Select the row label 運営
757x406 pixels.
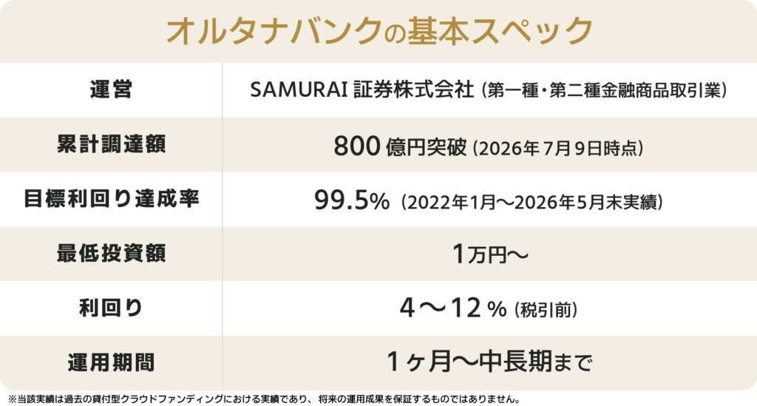click(x=111, y=89)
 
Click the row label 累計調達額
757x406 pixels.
click(x=111, y=144)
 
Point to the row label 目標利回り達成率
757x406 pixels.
click(x=111, y=199)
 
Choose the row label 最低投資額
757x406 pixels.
click(x=111, y=254)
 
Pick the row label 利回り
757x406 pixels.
click(x=111, y=308)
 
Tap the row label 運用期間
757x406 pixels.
click(x=111, y=362)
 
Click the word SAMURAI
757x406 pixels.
click(x=299, y=90)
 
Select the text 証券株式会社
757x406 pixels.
click(x=414, y=90)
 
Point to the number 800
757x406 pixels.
click(x=357, y=146)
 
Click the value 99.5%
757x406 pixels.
click(x=351, y=200)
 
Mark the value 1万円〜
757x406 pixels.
click(x=490, y=254)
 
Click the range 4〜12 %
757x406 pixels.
click(x=453, y=308)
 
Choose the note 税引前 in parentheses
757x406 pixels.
click(x=546, y=310)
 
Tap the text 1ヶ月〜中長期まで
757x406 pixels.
click(x=489, y=362)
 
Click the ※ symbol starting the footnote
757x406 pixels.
click(x=12, y=400)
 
